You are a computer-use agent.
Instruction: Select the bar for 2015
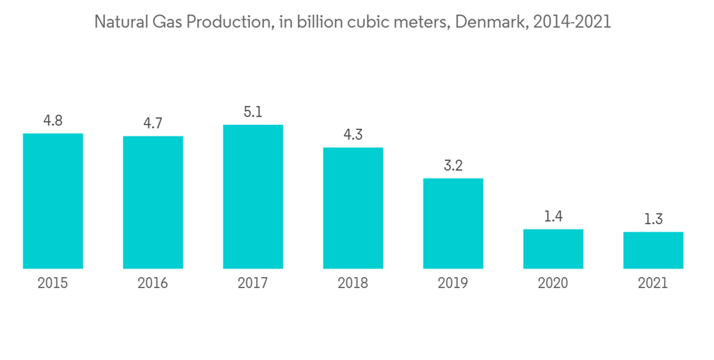click(x=53, y=201)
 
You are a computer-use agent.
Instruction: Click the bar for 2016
click(x=153, y=202)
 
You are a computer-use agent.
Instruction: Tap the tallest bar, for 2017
click(x=253, y=196)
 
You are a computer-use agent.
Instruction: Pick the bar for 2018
click(x=353, y=208)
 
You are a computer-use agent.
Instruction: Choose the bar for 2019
click(x=453, y=223)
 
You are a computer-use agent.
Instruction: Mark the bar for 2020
click(x=553, y=249)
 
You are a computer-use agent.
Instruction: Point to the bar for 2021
click(x=653, y=250)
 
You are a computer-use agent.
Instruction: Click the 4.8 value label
click(x=53, y=121)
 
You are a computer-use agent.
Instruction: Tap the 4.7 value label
click(x=153, y=124)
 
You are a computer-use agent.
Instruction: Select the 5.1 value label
click(x=253, y=112)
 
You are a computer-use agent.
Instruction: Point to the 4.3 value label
click(x=353, y=135)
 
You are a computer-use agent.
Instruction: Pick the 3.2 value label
click(x=453, y=166)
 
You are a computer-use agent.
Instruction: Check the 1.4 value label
click(x=553, y=216)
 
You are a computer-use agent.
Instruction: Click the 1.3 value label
click(x=653, y=219)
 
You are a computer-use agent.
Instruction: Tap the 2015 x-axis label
click(x=53, y=284)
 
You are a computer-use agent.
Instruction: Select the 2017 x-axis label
click(x=253, y=284)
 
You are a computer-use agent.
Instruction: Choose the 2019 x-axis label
click(x=453, y=284)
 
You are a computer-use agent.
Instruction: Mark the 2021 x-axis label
click(x=653, y=284)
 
